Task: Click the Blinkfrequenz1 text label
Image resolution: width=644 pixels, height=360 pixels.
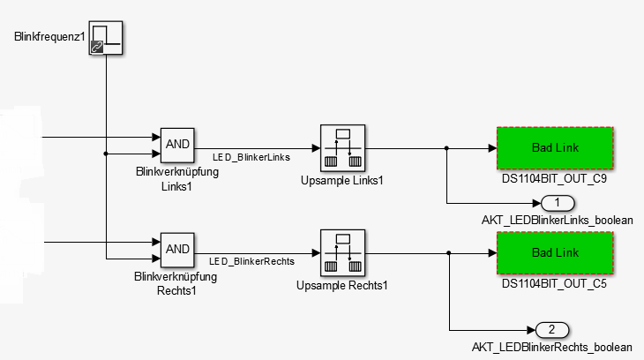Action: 49,37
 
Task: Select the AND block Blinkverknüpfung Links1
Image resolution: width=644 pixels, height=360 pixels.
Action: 177,144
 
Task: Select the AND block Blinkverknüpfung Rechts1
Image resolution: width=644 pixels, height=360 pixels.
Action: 177,249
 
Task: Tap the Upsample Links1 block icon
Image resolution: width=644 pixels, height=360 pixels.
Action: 343,147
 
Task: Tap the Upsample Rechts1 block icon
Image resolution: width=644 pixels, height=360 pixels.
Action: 343,253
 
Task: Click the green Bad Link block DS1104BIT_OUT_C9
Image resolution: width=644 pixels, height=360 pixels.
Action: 554,147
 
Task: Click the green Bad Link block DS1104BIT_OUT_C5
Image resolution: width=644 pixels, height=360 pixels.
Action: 554,253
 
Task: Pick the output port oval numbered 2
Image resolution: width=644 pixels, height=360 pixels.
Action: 552,330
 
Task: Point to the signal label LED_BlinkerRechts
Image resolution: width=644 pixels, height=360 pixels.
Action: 251,262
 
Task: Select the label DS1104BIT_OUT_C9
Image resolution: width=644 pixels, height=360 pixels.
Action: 554,178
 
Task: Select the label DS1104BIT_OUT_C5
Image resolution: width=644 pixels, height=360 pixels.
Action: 554,284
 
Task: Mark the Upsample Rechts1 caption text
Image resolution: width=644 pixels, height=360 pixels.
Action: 342,285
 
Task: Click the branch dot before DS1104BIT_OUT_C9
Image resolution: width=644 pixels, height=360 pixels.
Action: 447,148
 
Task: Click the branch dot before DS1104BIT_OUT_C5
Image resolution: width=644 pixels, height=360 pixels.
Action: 449,253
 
